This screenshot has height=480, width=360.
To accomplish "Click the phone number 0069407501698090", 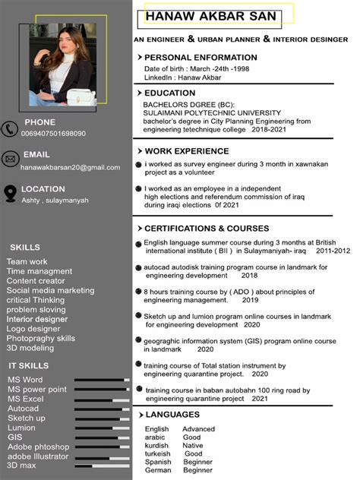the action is point(53,134).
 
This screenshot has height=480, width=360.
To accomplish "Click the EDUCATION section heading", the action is point(169,93).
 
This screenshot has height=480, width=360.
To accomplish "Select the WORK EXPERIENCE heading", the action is point(186,151).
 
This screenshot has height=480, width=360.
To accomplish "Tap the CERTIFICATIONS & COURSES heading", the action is point(207,229).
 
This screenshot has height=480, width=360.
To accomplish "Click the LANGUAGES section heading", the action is point(172,415).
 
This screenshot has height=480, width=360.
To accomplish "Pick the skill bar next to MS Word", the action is point(99,380).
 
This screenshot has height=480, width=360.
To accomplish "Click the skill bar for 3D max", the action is point(99,465).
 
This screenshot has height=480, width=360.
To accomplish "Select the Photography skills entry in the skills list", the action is point(41,339).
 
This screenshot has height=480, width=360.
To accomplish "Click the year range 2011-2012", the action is point(333,251).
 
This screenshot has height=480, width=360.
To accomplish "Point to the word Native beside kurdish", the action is point(193,446).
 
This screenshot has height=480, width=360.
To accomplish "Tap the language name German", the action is point(158,470).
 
